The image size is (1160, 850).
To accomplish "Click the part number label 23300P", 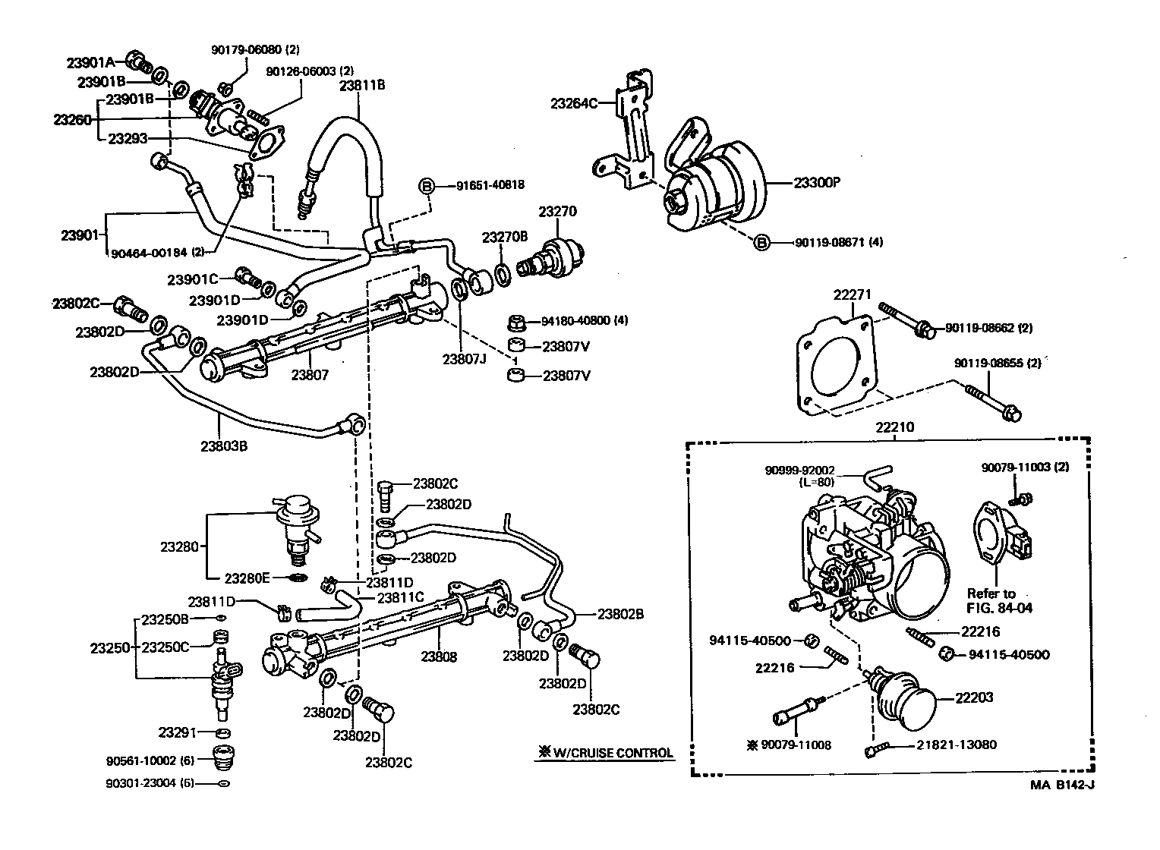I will (819, 183).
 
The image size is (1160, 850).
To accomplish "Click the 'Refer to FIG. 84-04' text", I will (1000, 600).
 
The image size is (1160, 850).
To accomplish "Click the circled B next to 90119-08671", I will (761, 242).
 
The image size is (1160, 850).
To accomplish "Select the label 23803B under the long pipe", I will (224, 445).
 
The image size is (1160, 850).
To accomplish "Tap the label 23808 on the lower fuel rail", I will (440, 656).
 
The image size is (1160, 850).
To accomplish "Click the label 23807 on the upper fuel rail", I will (310, 374).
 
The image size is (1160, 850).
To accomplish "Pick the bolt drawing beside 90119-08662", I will (903, 320).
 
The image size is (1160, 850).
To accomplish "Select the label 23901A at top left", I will (90, 62).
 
